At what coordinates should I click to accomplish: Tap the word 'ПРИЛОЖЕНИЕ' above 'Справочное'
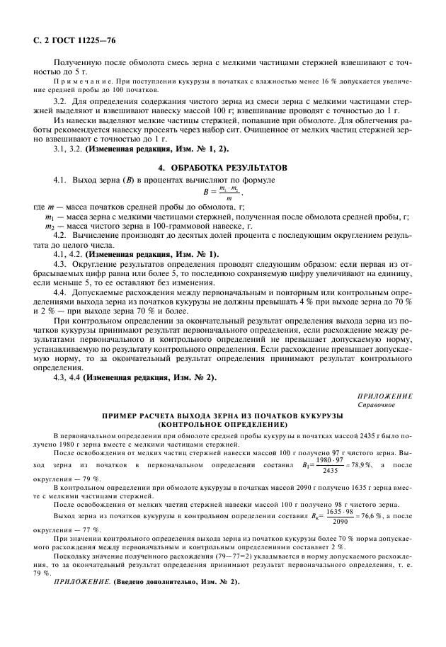pos(388,395)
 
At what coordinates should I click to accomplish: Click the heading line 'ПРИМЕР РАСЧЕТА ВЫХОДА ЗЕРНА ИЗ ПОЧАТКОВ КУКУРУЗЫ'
pos(222,415)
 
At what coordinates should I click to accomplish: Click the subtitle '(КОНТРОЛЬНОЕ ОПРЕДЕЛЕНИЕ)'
pos(222,423)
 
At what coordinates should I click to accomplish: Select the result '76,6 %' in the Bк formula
pos(365,516)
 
